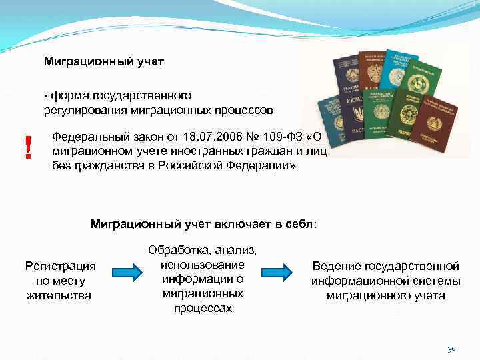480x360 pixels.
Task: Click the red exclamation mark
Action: point(27,147)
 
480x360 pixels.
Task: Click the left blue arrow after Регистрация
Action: point(125,272)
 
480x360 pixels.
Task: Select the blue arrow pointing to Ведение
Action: point(277,272)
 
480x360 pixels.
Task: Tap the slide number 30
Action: point(451,349)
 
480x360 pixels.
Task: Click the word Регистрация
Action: point(60,266)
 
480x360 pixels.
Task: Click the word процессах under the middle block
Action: point(203,309)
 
